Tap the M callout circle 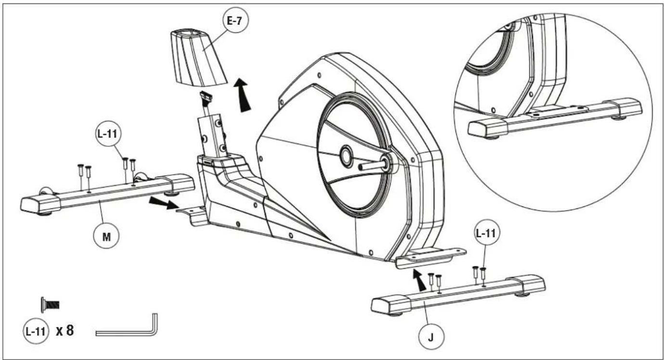click(x=106, y=236)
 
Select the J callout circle click(x=431, y=337)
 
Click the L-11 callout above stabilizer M click(x=108, y=134)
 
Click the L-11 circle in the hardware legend click(x=36, y=331)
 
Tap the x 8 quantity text click(x=65, y=330)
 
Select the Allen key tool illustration click(x=127, y=325)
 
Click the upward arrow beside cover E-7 click(x=242, y=95)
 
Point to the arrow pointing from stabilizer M click(x=164, y=203)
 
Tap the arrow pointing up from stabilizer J click(x=419, y=279)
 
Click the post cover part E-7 click(x=198, y=58)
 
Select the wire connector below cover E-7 click(x=206, y=99)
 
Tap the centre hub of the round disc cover click(x=346, y=155)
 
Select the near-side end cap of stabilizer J click(x=391, y=305)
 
